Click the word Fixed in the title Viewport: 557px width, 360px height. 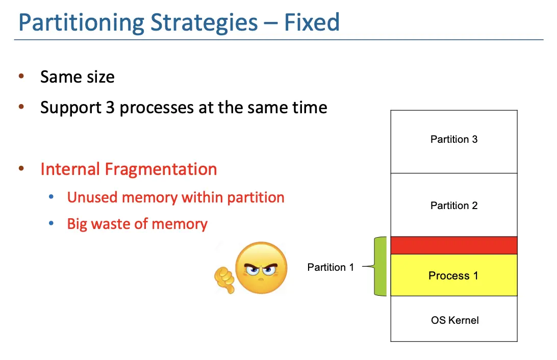point(312,22)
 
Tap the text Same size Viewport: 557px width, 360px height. point(78,77)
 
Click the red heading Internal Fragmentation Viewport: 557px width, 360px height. point(129,169)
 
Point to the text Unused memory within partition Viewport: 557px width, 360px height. point(175,197)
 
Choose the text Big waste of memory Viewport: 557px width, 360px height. point(137,224)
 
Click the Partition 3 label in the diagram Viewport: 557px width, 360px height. point(454,139)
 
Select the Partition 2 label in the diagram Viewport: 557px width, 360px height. point(454,205)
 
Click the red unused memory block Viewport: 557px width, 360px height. point(454,245)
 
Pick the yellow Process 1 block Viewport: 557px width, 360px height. point(453,275)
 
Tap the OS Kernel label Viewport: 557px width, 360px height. point(454,320)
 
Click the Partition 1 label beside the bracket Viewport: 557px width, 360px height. point(331,267)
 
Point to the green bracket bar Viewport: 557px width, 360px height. point(381,266)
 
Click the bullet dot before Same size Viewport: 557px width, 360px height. point(21,76)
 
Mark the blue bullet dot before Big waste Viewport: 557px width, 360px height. point(51,223)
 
